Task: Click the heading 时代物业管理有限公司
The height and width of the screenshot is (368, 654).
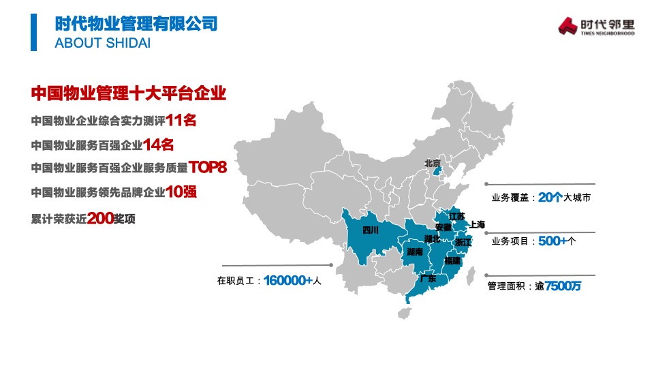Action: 136,24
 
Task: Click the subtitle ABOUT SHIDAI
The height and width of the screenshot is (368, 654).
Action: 102,43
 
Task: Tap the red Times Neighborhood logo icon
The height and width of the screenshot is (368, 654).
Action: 567,26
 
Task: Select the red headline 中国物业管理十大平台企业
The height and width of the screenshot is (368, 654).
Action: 129,93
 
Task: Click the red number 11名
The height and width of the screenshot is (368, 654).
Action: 181,121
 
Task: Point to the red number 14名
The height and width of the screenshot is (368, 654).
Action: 159,144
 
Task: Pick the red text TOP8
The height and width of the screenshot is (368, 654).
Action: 207,167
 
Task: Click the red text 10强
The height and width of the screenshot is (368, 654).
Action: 181,191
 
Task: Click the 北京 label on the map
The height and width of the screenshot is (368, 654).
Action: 432,163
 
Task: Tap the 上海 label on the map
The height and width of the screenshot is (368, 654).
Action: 477,225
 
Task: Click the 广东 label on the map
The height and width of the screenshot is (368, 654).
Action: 428,279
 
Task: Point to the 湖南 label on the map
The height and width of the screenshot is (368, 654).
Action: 414,252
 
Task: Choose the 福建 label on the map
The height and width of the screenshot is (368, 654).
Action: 452,261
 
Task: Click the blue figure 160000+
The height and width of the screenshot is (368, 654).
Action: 287,280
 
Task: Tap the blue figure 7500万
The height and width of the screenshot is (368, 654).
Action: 563,286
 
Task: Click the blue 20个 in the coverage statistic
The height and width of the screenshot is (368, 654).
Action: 549,198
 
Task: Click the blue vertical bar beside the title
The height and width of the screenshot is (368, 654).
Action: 33,32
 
